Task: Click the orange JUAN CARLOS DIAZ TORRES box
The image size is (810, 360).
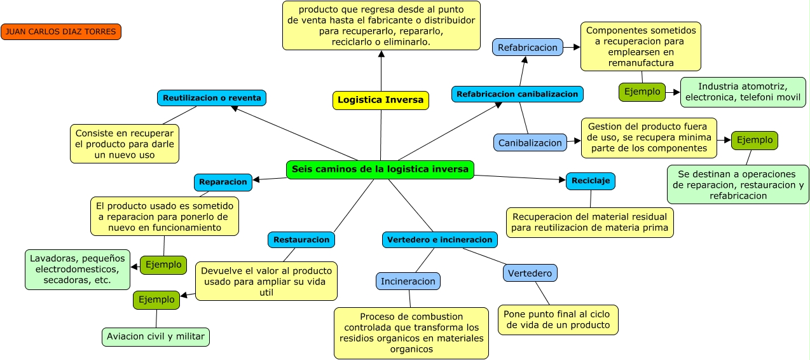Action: (61, 31)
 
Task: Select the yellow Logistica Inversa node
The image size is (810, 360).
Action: (380, 100)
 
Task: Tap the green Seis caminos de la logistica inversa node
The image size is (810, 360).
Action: (380, 169)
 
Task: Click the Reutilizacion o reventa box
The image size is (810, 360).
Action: (212, 98)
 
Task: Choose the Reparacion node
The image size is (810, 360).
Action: (223, 182)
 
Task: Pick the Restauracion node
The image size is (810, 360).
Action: (301, 240)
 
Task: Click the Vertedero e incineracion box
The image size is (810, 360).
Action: (439, 240)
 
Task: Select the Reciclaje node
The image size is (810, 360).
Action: (590, 181)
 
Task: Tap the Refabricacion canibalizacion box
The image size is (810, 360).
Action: (517, 94)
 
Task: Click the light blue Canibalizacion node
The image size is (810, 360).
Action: (530, 142)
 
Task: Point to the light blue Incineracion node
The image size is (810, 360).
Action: (408, 281)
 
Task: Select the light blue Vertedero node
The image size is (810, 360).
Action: (530, 273)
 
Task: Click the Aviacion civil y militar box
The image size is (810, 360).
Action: (156, 336)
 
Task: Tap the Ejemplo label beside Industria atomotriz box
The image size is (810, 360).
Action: (642, 92)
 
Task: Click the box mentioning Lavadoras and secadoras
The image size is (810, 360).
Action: (77, 269)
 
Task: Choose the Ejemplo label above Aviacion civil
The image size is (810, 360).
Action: (156, 300)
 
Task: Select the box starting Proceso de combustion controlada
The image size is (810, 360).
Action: (411, 333)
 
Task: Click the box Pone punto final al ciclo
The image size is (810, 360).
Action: (558, 319)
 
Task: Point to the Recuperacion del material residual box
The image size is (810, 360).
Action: (590, 222)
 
